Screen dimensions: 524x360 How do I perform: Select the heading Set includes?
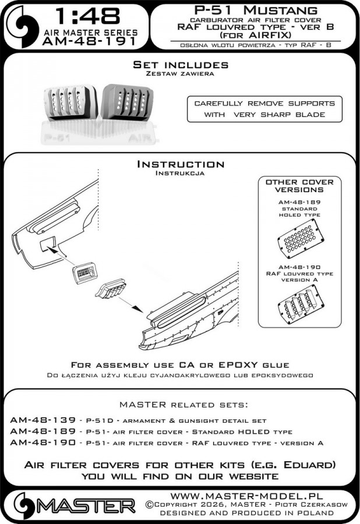click(x=180, y=65)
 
